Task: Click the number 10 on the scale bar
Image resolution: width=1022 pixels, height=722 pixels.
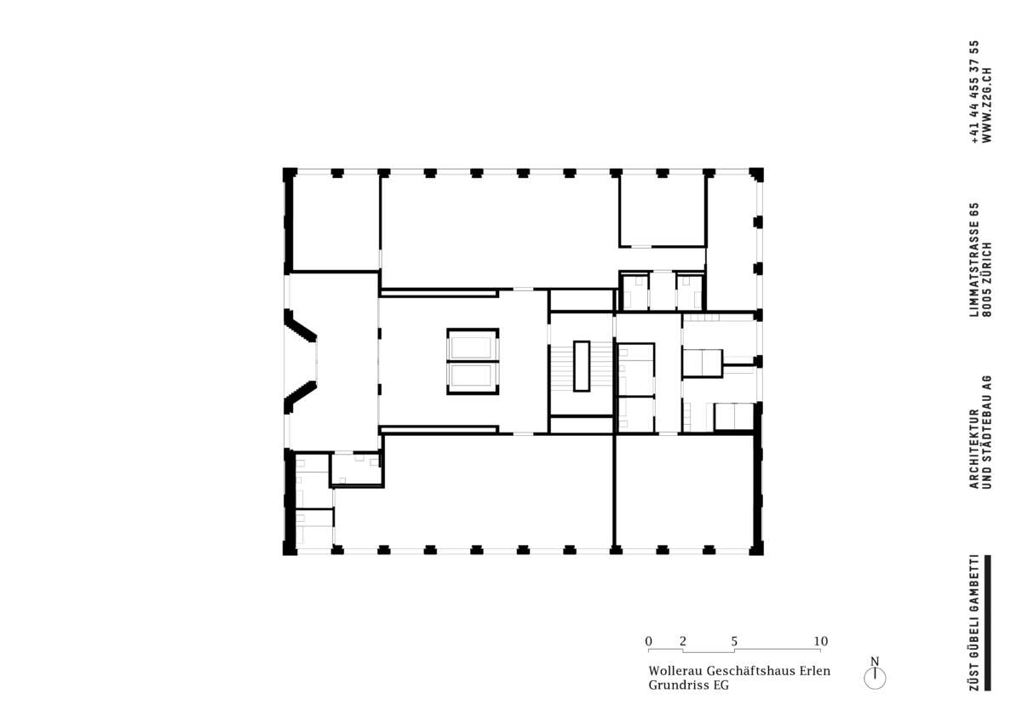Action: [x=821, y=641]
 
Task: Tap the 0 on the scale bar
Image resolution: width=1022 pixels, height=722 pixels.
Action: [x=648, y=641]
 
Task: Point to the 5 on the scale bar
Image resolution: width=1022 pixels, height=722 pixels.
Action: [x=734, y=641]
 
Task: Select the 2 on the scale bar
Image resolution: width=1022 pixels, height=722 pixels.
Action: [x=682, y=641]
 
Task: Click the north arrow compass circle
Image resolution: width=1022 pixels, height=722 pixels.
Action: [x=875, y=679]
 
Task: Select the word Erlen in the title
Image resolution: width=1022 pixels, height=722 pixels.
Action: [x=816, y=671]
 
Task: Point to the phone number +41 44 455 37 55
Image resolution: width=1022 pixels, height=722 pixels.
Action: [x=974, y=92]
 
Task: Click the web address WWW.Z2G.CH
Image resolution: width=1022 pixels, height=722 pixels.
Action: [x=987, y=106]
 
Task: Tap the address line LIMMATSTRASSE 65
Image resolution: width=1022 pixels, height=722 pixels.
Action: [x=974, y=260]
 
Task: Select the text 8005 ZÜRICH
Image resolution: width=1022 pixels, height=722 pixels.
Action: [x=987, y=279]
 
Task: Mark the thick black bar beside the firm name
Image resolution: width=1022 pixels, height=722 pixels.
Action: [x=988, y=622]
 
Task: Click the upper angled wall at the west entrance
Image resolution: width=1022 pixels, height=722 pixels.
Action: [x=300, y=325]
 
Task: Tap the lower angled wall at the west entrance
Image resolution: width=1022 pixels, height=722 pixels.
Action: [x=300, y=398]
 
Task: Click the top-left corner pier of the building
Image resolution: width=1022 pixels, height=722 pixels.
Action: [x=290, y=175]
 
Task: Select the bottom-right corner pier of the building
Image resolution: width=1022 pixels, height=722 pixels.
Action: [x=756, y=547]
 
